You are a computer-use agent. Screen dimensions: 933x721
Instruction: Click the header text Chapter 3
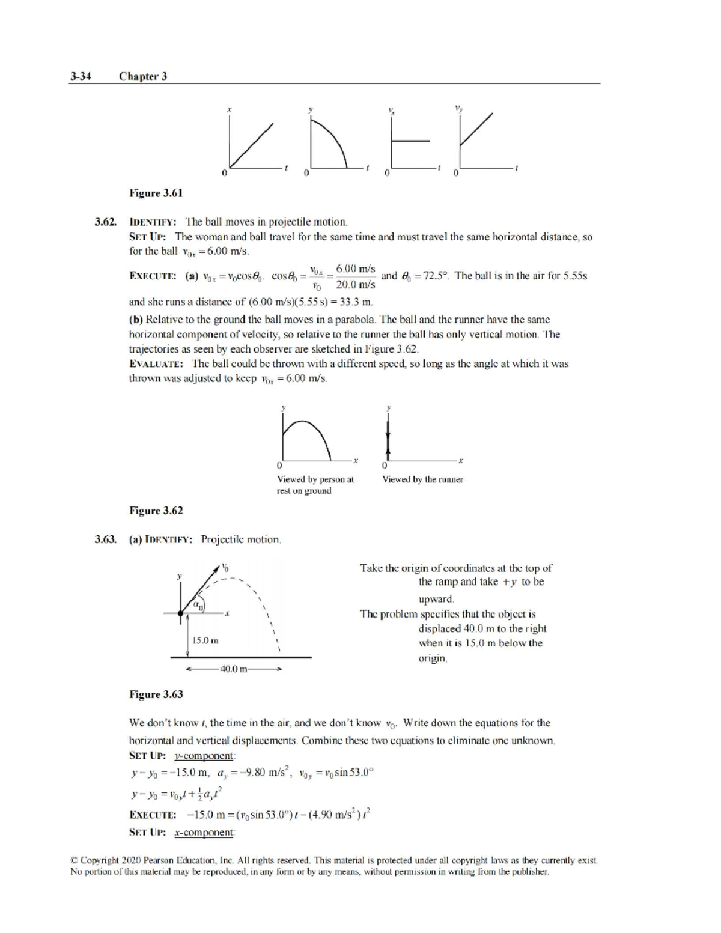[143, 76]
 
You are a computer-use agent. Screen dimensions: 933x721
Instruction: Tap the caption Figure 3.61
[156, 193]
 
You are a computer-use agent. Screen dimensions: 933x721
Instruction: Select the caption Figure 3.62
[156, 510]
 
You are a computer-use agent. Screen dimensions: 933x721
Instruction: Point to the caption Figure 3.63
[156, 694]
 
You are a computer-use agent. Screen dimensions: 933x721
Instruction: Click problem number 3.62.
[105, 222]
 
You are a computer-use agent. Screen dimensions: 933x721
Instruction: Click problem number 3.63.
[105, 539]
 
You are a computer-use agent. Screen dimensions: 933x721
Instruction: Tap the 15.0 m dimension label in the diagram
[205, 640]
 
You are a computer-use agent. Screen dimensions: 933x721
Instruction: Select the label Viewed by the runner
[422, 479]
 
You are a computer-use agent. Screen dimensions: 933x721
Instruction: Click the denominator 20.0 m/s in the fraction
[356, 284]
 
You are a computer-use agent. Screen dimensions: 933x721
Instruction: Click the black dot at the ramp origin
[180, 613]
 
